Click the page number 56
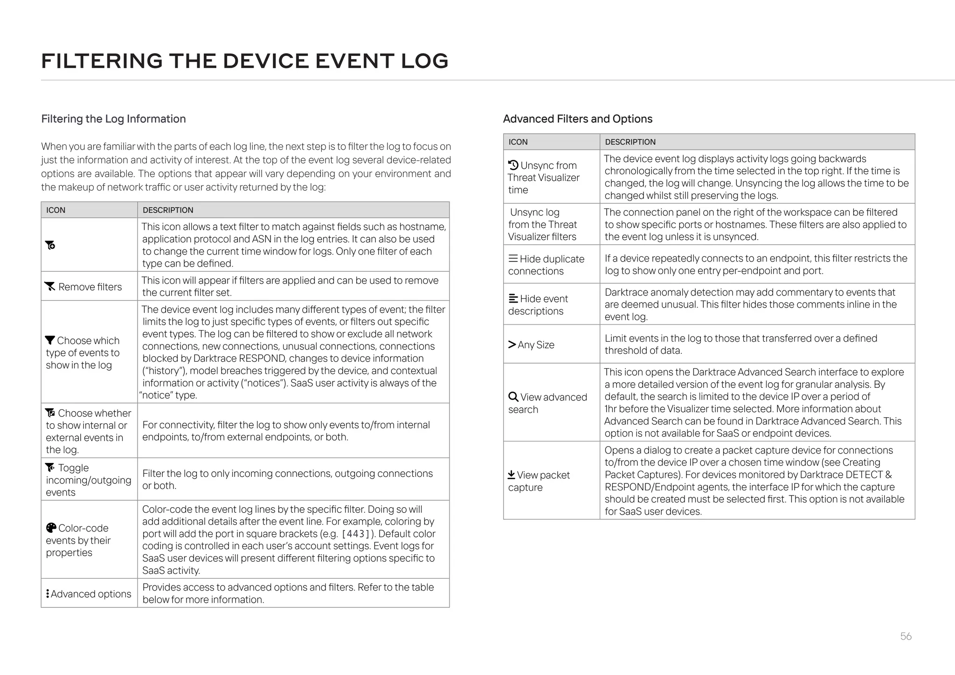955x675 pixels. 906,636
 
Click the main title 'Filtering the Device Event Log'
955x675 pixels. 245,61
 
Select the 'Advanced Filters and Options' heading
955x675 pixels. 577,119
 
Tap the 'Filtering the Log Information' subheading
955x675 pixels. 113,119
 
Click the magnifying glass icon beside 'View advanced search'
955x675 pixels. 513,397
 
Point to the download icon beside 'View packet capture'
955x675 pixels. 512,475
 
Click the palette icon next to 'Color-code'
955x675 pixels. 51,528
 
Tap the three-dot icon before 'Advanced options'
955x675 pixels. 48,593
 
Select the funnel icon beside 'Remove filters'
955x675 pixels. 50,286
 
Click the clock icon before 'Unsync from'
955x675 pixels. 513,165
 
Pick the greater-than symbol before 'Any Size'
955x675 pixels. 512,344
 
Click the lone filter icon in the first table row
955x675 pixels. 50,245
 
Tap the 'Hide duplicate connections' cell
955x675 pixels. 551,264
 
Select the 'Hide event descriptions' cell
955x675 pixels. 551,304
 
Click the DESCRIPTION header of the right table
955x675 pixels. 630,142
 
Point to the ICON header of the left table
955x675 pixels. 55,210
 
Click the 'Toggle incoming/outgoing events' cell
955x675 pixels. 89,480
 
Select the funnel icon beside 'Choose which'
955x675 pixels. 50,340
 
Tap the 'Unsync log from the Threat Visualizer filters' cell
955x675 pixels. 551,224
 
